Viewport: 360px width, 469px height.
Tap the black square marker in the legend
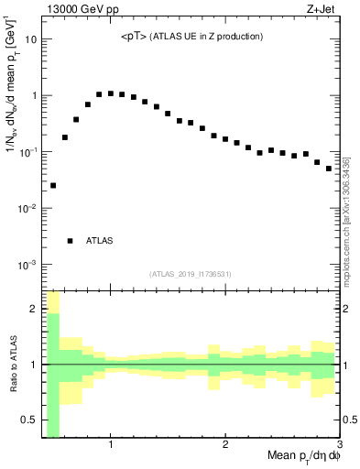click(x=70, y=241)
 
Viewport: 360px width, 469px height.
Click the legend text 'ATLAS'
click(x=99, y=241)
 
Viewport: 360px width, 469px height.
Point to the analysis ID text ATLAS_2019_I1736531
click(x=191, y=273)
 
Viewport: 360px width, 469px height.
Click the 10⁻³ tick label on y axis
click(x=27, y=265)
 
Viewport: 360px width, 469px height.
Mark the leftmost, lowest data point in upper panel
click(x=53, y=186)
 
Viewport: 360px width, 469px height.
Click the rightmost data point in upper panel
click(x=329, y=169)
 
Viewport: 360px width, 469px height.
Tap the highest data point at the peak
click(x=111, y=93)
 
